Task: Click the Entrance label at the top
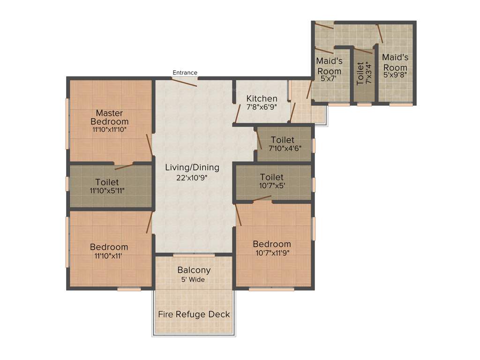pyautogui.click(x=185, y=73)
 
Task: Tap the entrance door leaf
pyautogui.click(x=184, y=82)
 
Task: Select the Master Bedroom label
pyautogui.click(x=109, y=117)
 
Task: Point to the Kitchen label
pyautogui.click(x=262, y=99)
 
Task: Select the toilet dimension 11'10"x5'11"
pyautogui.click(x=107, y=190)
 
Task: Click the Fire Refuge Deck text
pyautogui.click(x=194, y=314)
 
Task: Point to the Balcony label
pyautogui.click(x=194, y=270)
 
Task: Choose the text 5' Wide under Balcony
pyautogui.click(x=194, y=279)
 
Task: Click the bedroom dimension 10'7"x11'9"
pyautogui.click(x=272, y=253)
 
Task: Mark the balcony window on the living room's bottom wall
pyautogui.click(x=194, y=255)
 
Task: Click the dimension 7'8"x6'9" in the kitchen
pyautogui.click(x=262, y=107)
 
